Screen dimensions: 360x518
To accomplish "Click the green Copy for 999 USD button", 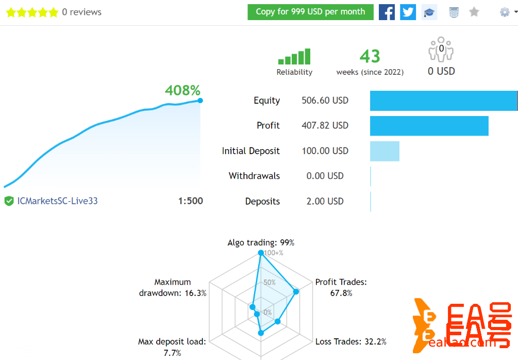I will click(310, 12).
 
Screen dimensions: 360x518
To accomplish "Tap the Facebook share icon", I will click(387, 12).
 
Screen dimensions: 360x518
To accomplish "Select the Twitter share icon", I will click(408, 12).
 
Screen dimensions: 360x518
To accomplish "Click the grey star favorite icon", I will click(474, 12).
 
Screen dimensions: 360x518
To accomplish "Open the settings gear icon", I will click(505, 12).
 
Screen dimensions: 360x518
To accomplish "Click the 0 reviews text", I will click(81, 12).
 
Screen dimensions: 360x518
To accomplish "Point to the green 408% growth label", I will click(182, 91).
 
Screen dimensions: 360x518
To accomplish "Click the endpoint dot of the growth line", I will click(200, 101).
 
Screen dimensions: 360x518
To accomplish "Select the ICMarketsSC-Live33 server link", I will click(57, 201).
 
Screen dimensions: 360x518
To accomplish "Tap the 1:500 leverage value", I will click(191, 201).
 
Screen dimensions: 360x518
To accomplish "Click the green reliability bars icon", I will click(294, 57).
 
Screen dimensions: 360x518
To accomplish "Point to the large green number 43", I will click(370, 56).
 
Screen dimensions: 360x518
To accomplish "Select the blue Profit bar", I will click(429, 126).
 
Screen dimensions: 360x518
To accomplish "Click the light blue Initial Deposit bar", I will click(385, 151).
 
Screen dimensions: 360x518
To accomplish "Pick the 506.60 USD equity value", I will click(325, 101).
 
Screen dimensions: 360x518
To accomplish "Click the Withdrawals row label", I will click(254, 176).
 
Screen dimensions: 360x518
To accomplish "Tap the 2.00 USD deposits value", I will click(325, 201).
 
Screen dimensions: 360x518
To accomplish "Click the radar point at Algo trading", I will click(261, 253).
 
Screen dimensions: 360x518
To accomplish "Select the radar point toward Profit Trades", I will click(296, 292).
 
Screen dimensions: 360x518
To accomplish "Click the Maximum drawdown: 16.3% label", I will click(173, 287).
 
